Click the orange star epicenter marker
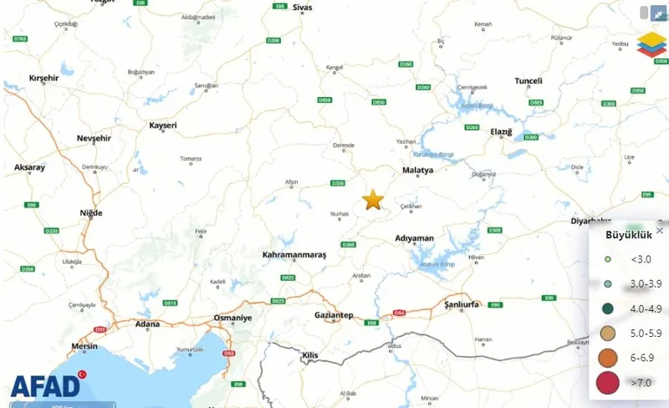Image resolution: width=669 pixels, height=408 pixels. click(373, 199)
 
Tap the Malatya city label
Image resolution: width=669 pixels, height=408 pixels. click(418, 170)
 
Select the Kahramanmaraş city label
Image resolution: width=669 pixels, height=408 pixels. click(294, 253)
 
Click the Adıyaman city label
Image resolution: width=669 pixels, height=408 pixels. click(415, 238)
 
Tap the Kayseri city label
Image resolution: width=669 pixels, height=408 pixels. click(163, 125)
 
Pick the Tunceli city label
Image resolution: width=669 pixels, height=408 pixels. click(529, 81)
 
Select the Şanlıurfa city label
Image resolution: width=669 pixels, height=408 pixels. click(462, 305)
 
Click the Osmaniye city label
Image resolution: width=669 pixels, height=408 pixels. click(232, 319)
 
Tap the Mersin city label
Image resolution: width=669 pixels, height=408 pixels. click(85, 344)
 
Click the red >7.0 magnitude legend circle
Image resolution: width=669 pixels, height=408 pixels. click(608, 383)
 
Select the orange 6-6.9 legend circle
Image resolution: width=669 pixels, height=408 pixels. click(608, 358)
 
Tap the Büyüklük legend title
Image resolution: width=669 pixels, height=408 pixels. click(622, 235)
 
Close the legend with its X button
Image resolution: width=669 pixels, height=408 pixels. click(660, 230)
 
